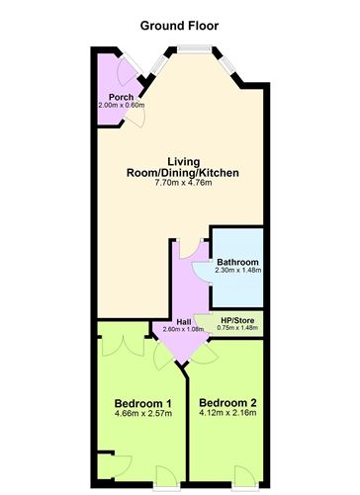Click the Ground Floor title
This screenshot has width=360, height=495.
tap(179, 26)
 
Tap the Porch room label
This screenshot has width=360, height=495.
tap(122, 97)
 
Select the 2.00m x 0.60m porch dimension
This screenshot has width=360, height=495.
tap(122, 106)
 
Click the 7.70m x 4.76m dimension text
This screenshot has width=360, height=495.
tap(183, 183)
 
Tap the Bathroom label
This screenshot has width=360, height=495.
tap(237, 262)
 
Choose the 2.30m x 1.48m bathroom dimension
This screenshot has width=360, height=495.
tap(238, 270)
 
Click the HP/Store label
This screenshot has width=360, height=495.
tap(237, 320)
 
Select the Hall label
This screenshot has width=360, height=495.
tap(184, 322)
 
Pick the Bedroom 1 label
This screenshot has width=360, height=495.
tap(142, 403)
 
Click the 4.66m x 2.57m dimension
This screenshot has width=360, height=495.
tap(143, 413)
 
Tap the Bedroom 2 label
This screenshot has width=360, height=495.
tap(227, 403)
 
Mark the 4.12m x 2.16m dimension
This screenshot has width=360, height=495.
tap(227, 413)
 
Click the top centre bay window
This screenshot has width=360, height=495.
tap(194, 49)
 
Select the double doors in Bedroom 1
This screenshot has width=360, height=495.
tap(124, 346)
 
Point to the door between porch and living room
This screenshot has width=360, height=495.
tap(135, 117)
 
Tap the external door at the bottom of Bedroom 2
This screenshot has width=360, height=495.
tap(244, 477)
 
